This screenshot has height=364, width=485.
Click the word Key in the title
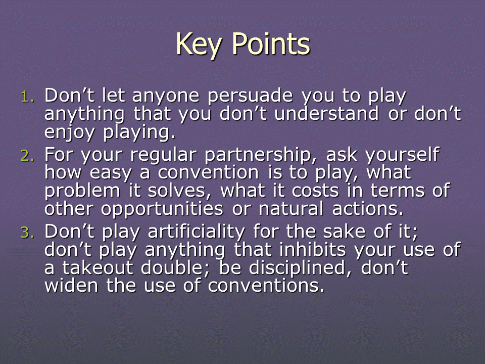point(199,45)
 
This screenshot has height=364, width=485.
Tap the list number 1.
point(27,97)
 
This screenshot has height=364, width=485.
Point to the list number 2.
point(27,156)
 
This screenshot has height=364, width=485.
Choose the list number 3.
point(27,233)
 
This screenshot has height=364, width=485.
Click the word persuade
point(250,96)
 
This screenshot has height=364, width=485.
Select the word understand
point(326,113)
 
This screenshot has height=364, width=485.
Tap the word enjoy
point(69,132)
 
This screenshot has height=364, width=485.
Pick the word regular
point(163,155)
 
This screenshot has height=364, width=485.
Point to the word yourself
point(402,155)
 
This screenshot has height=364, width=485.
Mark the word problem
point(82,191)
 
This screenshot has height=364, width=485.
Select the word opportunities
point(162,209)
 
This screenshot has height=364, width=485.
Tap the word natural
point(291,208)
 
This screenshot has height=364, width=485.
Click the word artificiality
point(197,232)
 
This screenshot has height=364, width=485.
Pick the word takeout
point(98,267)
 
